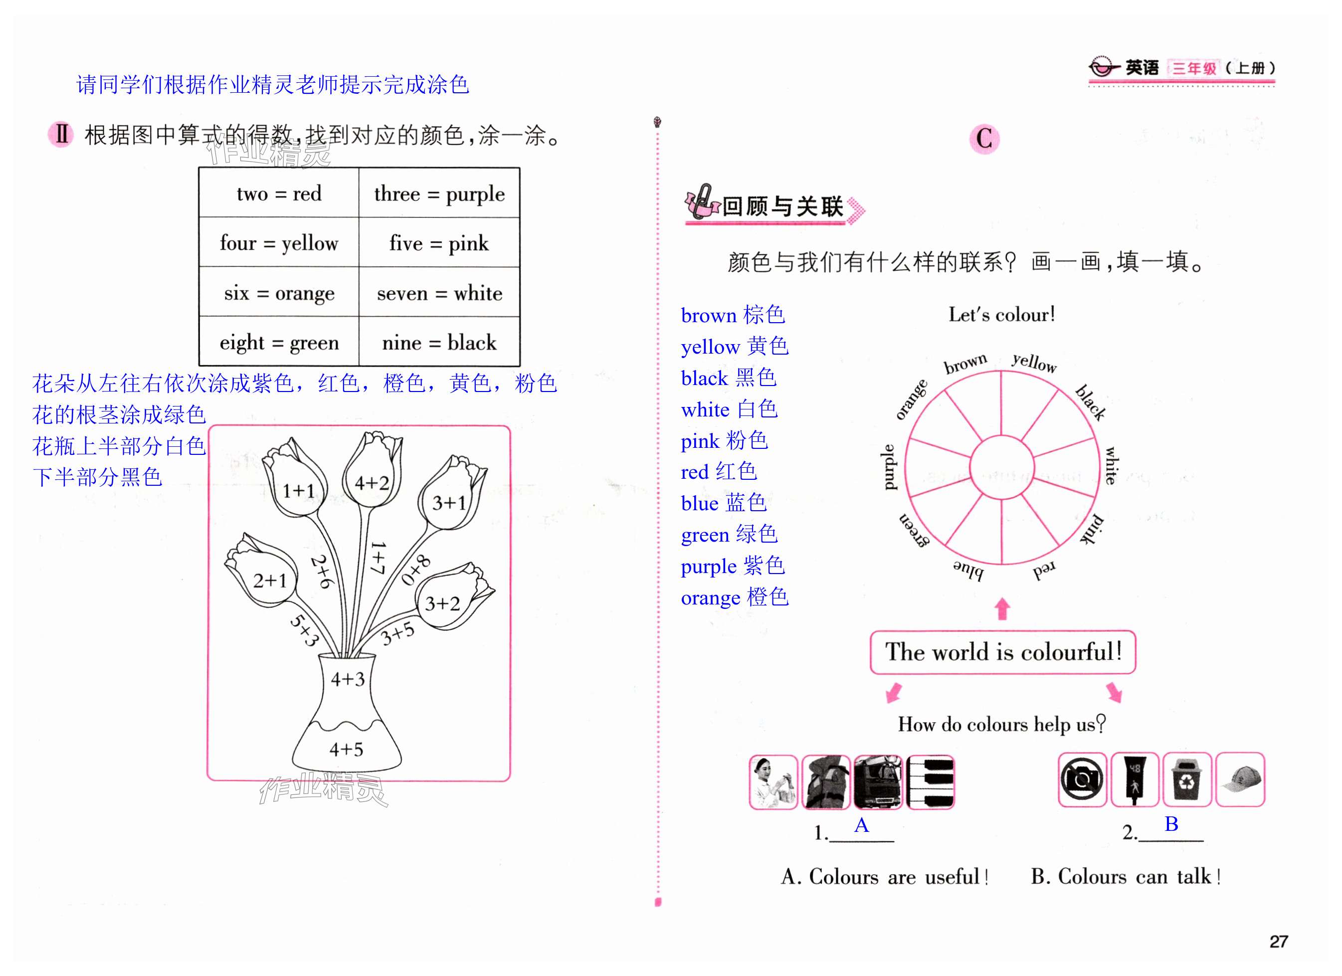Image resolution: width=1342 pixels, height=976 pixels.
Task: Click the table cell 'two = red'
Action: tap(279, 194)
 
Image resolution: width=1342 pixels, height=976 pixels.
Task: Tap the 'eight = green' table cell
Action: tap(279, 343)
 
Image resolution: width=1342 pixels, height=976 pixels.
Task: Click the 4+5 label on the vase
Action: tap(346, 749)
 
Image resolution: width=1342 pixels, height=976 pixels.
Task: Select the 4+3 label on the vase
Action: tap(347, 679)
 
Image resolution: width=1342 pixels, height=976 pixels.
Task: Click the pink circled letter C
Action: tap(984, 139)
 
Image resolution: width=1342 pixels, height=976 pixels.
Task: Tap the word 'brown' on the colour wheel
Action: tap(965, 364)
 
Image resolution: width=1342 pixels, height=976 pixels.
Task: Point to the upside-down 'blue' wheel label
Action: tap(968, 570)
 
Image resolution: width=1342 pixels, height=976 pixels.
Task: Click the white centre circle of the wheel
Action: tap(1001, 467)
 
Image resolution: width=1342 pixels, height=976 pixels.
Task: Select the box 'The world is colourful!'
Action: tap(1002, 652)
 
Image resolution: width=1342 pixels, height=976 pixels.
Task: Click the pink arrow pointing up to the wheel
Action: tap(1002, 608)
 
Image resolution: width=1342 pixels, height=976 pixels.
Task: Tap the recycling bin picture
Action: tap(1186, 780)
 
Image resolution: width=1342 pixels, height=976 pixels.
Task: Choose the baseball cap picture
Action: tap(1240, 780)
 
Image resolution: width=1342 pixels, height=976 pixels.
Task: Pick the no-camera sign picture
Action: tap(1082, 780)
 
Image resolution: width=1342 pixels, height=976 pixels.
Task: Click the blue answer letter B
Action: tap(1171, 823)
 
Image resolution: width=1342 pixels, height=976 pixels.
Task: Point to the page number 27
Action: tap(1278, 941)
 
